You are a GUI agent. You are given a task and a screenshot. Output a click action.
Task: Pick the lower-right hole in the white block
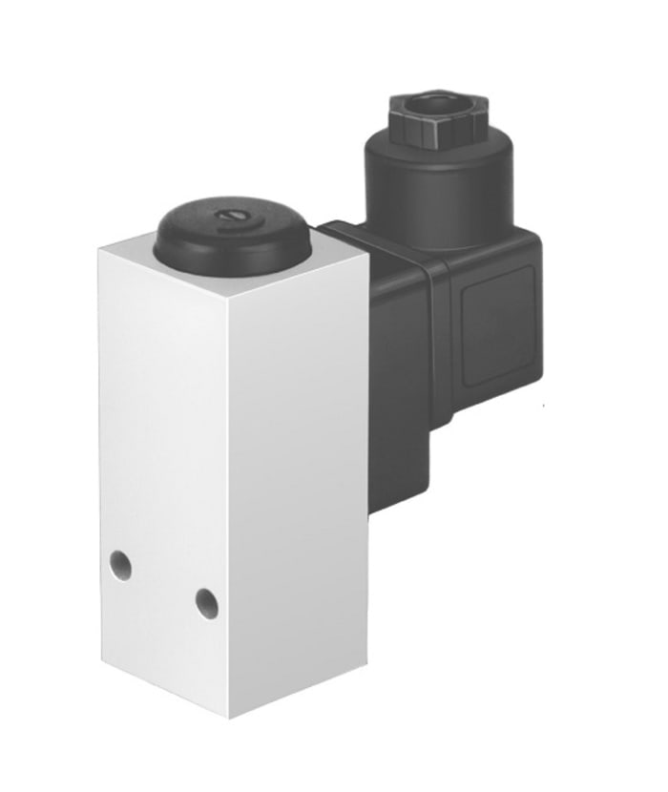(x=206, y=602)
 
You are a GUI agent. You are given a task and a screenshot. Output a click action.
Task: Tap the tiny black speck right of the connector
(x=543, y=407)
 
